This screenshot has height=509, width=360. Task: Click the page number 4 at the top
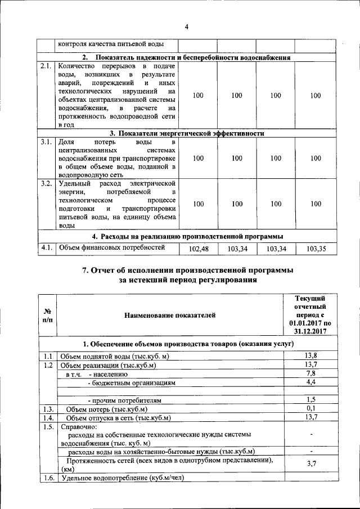pyautogui.click(x=186, y=27)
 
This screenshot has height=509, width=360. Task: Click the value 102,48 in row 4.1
pyautogui.click(x=199, y=248)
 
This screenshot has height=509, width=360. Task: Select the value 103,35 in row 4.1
pyautogui.click(x=316, y=248)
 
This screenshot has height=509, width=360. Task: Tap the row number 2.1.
pyautogui.click(x=47, y=66)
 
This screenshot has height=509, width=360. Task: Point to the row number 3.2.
pyautogui.click(x=47, y=183)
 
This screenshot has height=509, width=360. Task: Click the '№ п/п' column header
pyautogui.click(x=47, y=316)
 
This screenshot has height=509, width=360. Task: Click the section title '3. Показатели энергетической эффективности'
pyautogui.click(x=187, y=133)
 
